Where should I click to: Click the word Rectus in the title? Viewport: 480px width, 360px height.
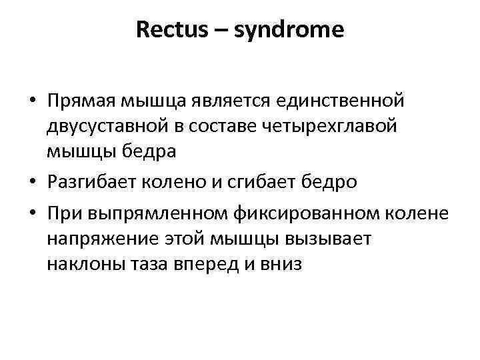(169, 30)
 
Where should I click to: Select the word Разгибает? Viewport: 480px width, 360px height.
(87, 183)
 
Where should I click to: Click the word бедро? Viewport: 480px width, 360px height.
(319, 183)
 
